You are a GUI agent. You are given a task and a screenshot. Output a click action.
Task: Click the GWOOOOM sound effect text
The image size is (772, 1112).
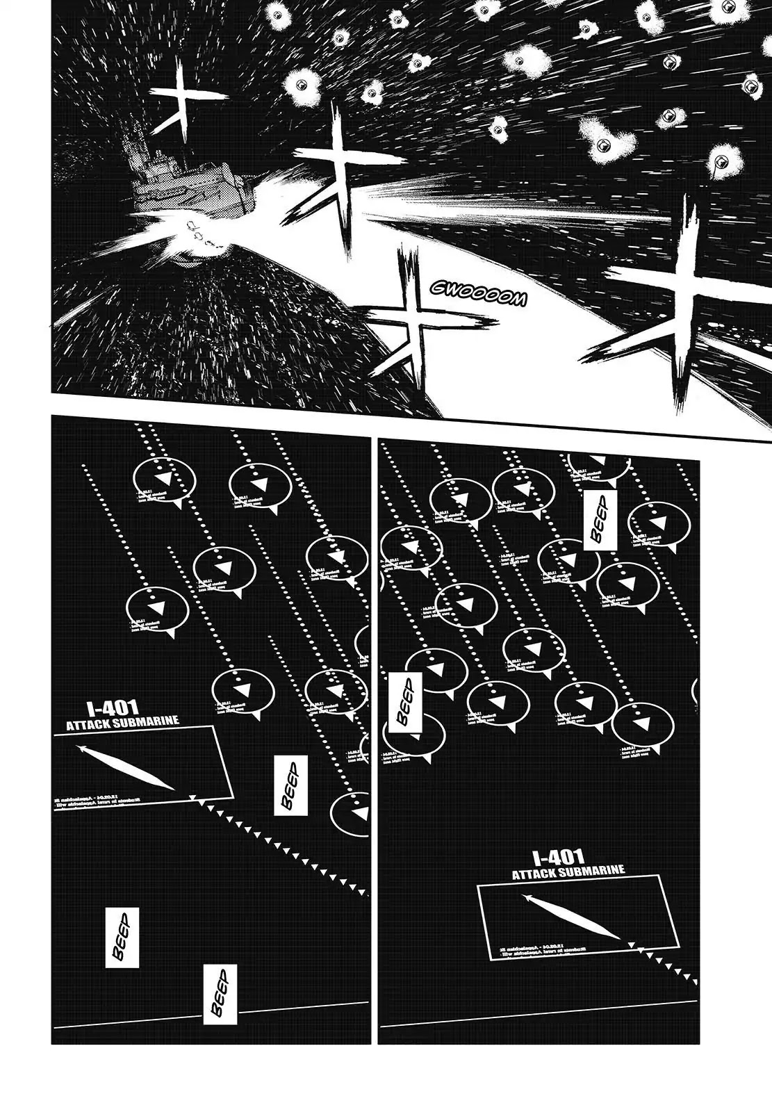point(478,293)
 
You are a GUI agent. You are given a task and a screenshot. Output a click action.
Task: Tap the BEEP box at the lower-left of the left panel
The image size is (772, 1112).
point(122,938)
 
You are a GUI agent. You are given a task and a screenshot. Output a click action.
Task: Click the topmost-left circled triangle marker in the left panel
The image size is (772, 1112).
point(163,481)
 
